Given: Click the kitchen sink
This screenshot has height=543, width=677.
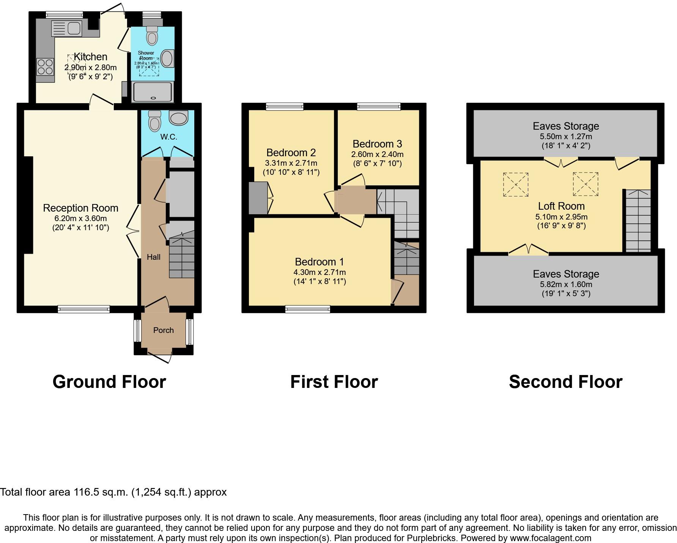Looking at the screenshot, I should (x=67, y=28).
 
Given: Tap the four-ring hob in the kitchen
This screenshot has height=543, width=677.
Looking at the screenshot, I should (x=45, y=67).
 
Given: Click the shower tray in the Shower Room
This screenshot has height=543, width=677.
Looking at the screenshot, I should (x=153, y=92).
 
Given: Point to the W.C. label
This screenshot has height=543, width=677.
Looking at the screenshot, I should (x=168, y=137).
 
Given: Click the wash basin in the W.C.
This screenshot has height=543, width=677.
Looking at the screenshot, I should (x=178, y=118).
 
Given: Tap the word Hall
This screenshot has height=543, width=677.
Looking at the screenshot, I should (x=154, y=257).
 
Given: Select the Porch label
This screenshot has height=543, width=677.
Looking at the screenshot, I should (x=164, y=330).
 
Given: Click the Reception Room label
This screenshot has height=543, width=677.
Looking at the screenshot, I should (x=80, y=208).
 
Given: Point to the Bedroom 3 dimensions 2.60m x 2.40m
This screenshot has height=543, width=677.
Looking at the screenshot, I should (x=377, y=154).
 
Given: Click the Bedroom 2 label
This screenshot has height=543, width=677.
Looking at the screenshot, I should (x=291, y=152).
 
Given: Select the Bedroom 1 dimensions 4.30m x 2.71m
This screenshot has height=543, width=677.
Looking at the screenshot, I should (x=320, y=272).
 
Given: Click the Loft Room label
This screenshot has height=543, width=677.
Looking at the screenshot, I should (x=561, y=206).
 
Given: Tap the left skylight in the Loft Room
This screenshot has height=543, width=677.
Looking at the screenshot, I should (x=516, y=185).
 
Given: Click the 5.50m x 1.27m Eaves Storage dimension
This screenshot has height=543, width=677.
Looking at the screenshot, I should (x=566, y=137).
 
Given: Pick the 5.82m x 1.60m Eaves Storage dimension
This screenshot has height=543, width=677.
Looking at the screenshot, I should (x=566, y=284).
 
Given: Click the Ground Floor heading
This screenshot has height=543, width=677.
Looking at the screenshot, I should (x=109, y=381).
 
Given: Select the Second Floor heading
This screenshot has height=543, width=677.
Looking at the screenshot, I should (x=565, y=381).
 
